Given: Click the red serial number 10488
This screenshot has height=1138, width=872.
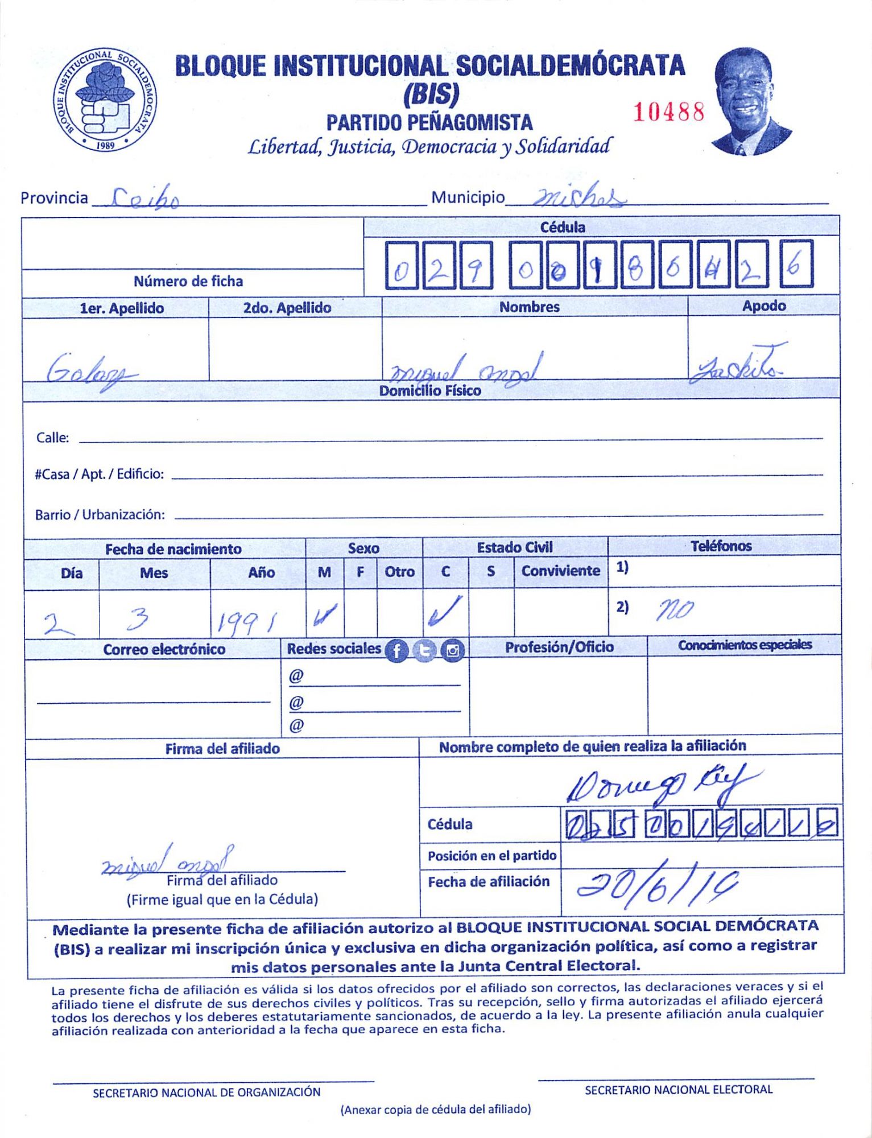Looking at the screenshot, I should [x=668, y=112].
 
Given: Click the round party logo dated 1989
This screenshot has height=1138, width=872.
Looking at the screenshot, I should [x=106, y=100].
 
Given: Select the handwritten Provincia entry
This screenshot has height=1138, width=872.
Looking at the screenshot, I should [x=146, y=199].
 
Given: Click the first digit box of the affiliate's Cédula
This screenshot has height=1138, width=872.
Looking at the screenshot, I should [x=401, y=265].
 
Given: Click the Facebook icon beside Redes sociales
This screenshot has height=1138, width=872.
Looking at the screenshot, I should [x=396, y=651].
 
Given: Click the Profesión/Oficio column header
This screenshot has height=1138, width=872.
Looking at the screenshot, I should [x=559, y=647].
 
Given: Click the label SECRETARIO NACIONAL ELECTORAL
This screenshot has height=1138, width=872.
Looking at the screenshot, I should [x=678, y=1090].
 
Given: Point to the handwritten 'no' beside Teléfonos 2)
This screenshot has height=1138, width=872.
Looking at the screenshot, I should [x=675, y=611].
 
